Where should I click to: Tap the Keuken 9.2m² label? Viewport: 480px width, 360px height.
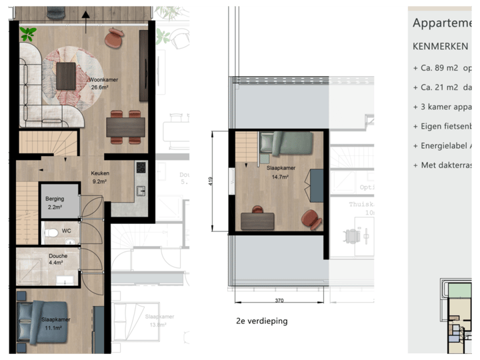pos(101,177)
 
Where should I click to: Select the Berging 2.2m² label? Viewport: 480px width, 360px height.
pos(55,203)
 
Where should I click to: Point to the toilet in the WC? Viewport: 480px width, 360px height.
pos(51,233)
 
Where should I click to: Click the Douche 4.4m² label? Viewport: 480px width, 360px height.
pos(58,259)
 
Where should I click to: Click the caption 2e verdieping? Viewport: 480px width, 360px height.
pos(262,321)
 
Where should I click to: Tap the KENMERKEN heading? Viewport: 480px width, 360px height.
pos(440,47)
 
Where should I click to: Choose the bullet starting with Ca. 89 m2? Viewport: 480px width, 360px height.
pos(443,68)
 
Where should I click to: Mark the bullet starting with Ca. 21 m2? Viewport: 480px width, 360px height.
pos(443,87)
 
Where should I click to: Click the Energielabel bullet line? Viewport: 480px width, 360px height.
pos(443,145)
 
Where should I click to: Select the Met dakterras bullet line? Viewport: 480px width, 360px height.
pos(443,165)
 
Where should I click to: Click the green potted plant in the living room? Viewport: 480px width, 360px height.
pos(29,33)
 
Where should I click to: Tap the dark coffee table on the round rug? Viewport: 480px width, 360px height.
pos(66,75)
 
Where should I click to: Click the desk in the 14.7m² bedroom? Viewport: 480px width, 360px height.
pos(257,221)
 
